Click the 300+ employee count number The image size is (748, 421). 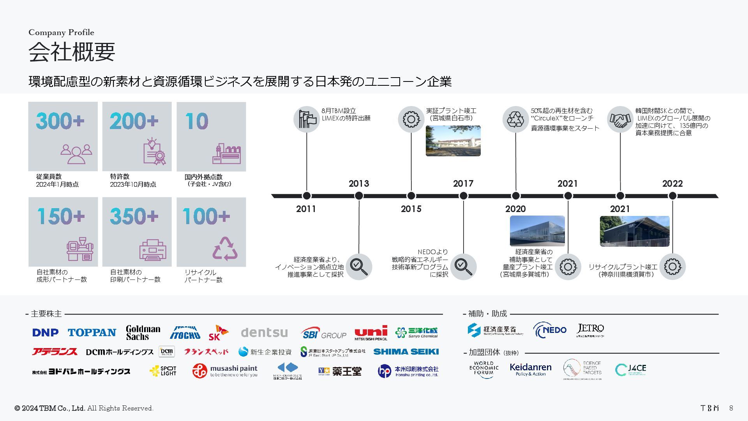60,121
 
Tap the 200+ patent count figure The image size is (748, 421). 134,121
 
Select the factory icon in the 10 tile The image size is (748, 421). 226,154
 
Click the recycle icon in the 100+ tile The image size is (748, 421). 225,249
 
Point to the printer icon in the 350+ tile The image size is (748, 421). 153,249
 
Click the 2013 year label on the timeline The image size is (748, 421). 358,184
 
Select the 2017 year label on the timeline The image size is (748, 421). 463,184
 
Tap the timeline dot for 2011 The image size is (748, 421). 307,196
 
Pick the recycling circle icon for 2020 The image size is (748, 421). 515,119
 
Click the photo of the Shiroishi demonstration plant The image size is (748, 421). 453,141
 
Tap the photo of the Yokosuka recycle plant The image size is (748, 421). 634,231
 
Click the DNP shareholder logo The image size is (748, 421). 46,333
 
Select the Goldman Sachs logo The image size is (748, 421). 143,333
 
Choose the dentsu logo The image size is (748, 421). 264,333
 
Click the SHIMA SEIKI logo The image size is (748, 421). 406,352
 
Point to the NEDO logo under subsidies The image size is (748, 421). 550,330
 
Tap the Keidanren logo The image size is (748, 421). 530,369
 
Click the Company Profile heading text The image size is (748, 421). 61,32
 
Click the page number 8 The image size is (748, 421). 731,408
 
